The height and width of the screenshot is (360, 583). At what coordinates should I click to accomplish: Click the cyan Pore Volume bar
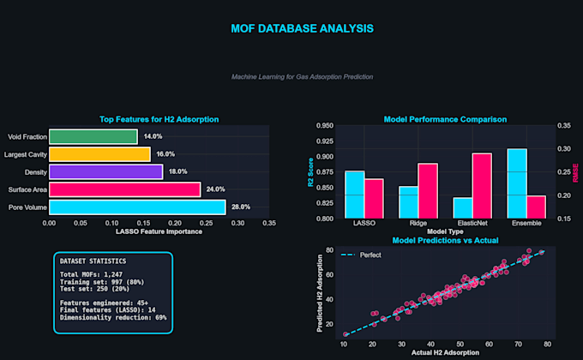click(x=137, y=207)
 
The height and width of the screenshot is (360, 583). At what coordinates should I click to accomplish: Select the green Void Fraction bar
click(x=93, y=136)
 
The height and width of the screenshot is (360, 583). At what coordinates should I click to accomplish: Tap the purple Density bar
click(x=106, y=171)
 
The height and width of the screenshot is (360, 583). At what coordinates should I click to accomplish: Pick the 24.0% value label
click(x=216, y=189)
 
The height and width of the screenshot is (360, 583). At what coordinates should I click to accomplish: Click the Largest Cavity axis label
click(x=26, y=154)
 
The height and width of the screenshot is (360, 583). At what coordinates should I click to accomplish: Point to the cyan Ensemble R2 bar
click(x=517, y=183)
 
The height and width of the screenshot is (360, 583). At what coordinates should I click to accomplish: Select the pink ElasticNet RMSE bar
click(x=482, y=186)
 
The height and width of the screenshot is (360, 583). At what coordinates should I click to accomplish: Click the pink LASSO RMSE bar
click(x=374, y=199)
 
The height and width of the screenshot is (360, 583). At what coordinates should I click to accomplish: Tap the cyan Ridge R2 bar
click(x=409, y=202)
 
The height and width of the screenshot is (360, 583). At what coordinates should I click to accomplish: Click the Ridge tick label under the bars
click(x=418, y=223)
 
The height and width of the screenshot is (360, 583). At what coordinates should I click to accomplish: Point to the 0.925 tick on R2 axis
click(x=325, y=141)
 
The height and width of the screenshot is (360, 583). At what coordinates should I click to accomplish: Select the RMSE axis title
click(x=575, y=172)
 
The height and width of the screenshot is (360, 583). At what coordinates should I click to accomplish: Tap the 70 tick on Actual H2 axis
click(x=519, y=345)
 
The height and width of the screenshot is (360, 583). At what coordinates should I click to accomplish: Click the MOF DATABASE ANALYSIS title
click(x=303, y=28)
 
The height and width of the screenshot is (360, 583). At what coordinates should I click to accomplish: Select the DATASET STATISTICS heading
click(x=93, y=261)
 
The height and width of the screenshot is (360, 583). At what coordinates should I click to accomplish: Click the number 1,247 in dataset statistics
click(x=113, y=274)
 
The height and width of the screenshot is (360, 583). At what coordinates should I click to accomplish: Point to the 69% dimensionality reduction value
click(x=161, y=317)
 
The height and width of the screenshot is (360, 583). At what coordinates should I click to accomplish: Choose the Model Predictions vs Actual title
click(x=446, y=240)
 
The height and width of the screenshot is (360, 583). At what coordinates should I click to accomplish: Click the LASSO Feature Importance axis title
click(x=159, y=231)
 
